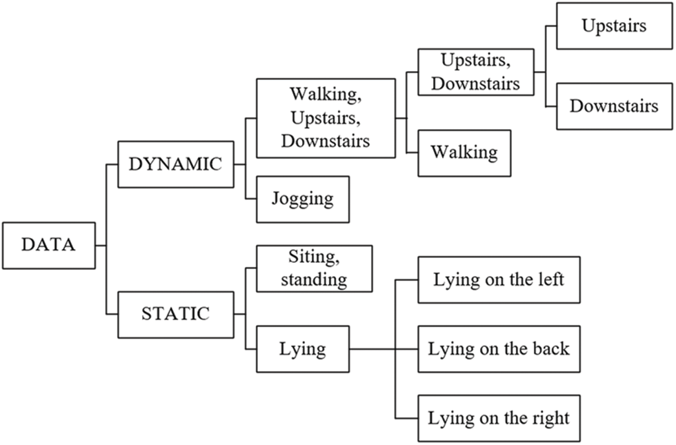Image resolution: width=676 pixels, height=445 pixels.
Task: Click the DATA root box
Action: pos(48,245)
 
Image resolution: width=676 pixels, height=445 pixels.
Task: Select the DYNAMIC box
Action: pos(175,164)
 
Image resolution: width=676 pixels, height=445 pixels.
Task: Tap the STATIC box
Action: pos(175,314)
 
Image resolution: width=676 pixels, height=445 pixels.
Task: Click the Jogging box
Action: pos(302,199)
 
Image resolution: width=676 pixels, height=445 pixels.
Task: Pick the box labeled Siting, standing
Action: pos(314,268)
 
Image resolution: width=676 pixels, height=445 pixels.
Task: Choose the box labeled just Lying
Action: pos(302,349)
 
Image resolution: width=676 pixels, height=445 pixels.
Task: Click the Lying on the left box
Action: pos(499,279)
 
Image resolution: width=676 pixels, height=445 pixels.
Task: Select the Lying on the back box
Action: pos(499,348)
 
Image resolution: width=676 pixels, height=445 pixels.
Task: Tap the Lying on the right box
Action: pos(499,418)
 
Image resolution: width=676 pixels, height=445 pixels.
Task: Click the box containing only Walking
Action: pos(464,152)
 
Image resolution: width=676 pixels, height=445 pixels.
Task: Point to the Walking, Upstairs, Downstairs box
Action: pos(326,117)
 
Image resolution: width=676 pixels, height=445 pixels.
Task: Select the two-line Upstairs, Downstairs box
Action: pos(475,72)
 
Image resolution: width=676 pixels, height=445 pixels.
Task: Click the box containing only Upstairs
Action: pos(614,26)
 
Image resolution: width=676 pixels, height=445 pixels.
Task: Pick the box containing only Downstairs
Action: pos(614,106)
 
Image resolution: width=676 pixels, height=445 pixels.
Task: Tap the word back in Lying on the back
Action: pos(550,348)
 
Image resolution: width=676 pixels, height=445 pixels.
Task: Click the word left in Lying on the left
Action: pos(553,279)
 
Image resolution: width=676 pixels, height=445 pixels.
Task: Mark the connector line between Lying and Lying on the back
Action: pos(383,349)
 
